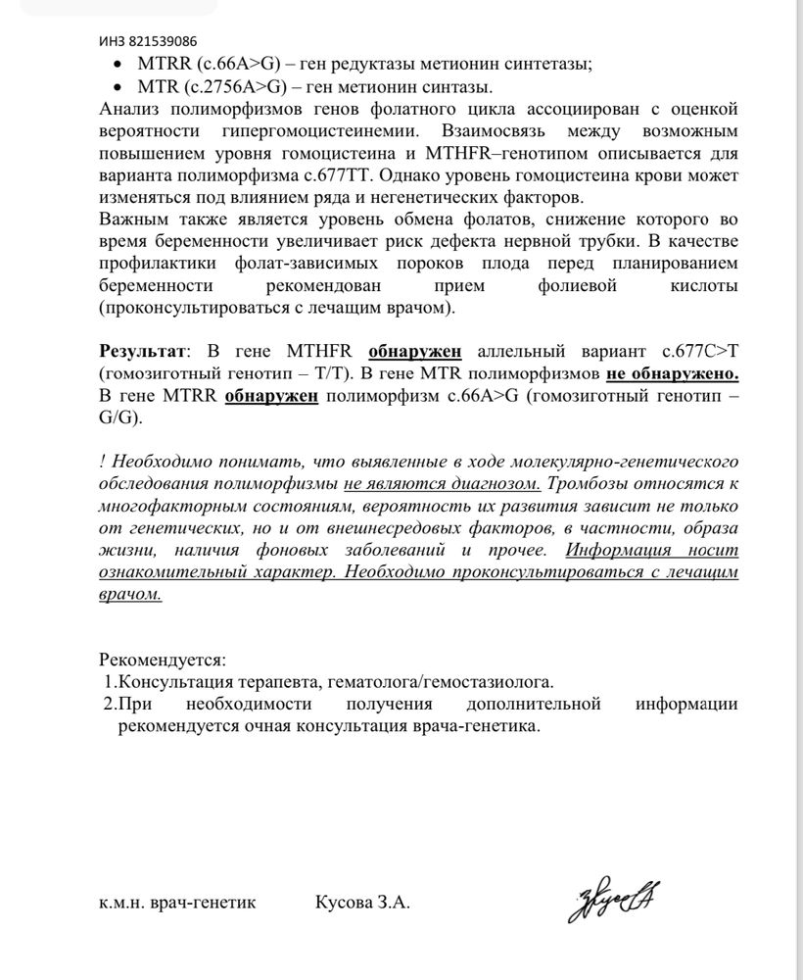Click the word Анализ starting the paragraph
(x=132, y=109)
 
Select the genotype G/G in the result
(x=119, y=417)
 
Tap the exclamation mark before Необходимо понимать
(x=102, y=462)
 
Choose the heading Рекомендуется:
(x=163, y=660)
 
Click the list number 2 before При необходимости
(x=109, y=704)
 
